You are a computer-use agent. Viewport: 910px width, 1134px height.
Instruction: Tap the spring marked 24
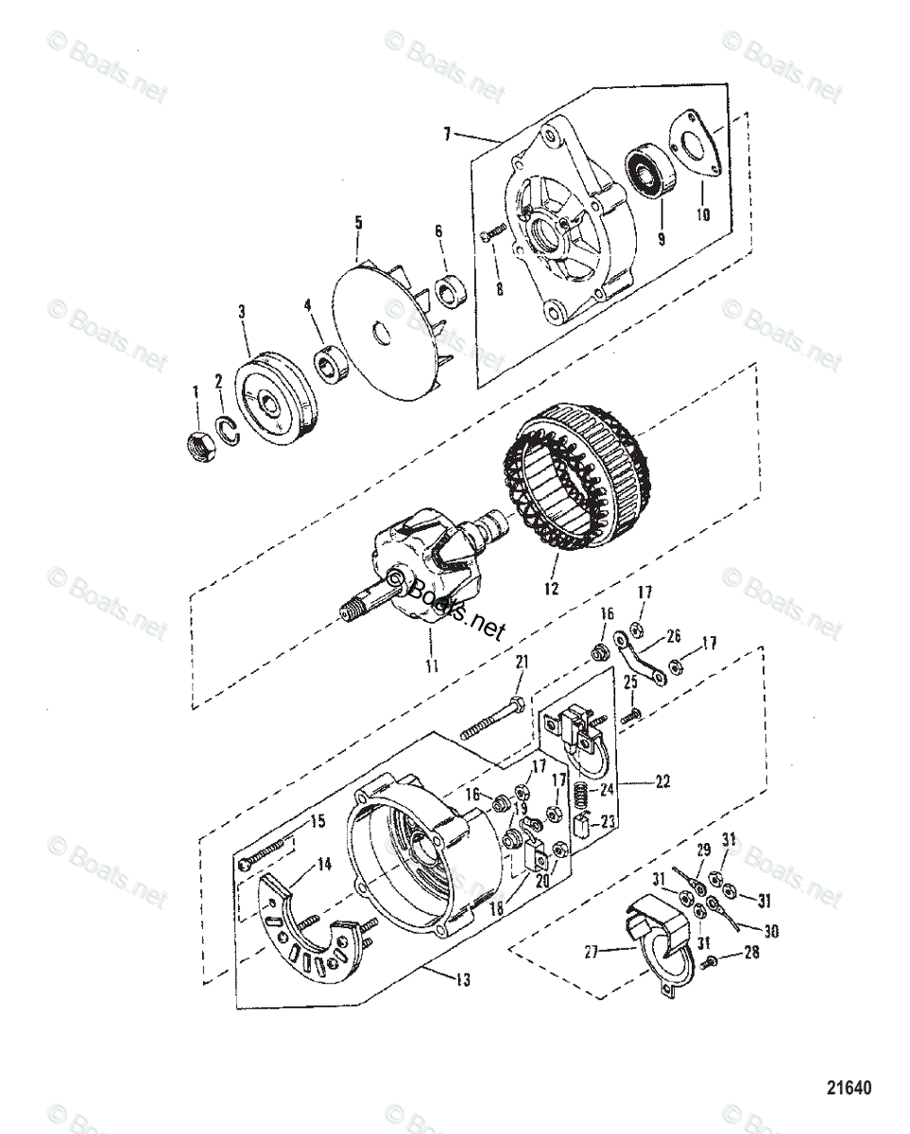pos(584,796)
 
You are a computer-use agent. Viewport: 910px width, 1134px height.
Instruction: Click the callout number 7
pos(447,133)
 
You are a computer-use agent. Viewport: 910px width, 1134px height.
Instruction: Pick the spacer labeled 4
pos(330,363)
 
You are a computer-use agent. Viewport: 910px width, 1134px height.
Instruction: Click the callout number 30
pos(770,932)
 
